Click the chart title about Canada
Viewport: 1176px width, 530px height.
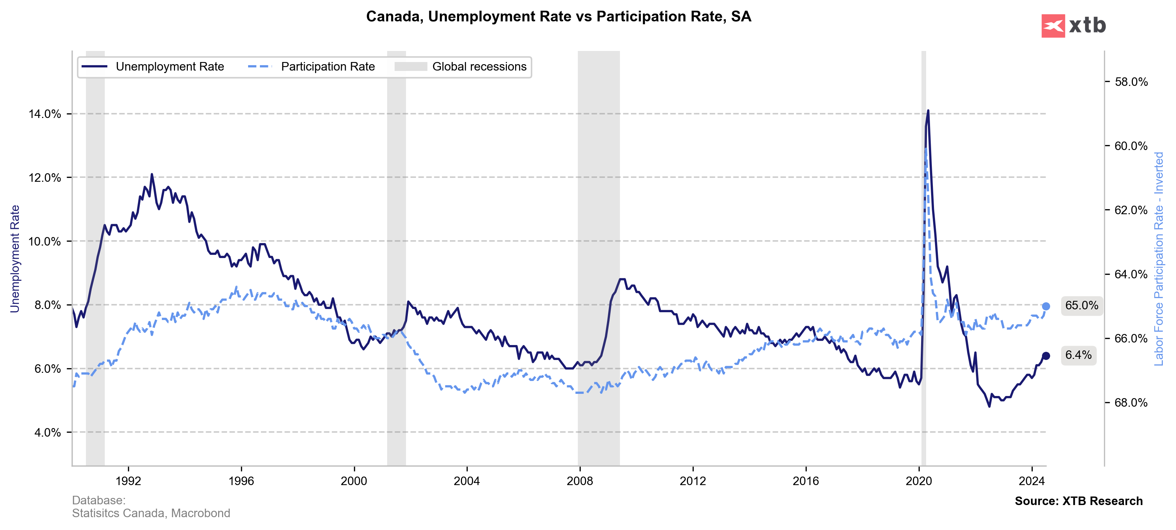pos(558,16)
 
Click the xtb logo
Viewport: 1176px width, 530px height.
pos(1073,26)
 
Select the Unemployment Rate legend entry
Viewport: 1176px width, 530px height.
pos(153,67)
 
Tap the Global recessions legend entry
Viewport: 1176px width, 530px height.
pos(461,67)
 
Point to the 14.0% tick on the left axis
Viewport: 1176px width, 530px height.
pos(45,114)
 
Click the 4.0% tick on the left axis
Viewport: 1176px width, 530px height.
pos(47,432)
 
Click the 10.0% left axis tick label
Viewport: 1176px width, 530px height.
pos(45,242)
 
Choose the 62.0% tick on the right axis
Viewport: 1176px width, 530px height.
pos(1131,210)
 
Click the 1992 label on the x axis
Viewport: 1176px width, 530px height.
pos(128,481)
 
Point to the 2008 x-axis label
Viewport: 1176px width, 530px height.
pos(580,481)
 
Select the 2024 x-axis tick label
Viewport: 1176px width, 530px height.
pos(1032,481)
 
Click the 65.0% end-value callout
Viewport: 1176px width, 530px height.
pos(1082,305)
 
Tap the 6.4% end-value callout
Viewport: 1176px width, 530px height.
pos(1078,355)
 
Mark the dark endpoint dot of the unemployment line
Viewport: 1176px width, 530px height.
pos(1046,356)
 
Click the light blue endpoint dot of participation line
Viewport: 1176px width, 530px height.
pos(1046,306)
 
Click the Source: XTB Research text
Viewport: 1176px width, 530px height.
pos(1078,501)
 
